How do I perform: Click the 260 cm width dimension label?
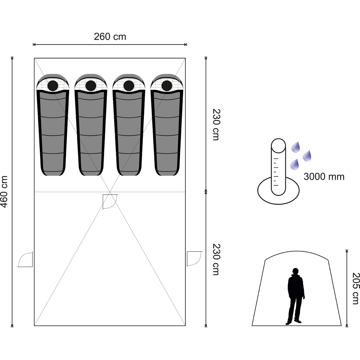[110, 37]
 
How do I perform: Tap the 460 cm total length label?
[4, 192]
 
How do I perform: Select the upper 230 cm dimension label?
[216, 125]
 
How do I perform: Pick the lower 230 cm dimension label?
[216, 259]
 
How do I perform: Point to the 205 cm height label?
[355, 288]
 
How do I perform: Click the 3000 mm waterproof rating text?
[324, 176]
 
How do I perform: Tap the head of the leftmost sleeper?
[53, 86]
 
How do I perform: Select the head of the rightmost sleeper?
[167, 86]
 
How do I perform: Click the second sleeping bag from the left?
[91, 125]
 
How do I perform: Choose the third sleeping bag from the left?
[129, 125]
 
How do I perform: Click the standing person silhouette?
[296, 296]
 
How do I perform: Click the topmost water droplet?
[296, 147]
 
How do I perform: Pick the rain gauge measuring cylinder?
[279, 167]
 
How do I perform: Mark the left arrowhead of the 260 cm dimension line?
[33, 45]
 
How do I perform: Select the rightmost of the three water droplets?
[307, 156]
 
